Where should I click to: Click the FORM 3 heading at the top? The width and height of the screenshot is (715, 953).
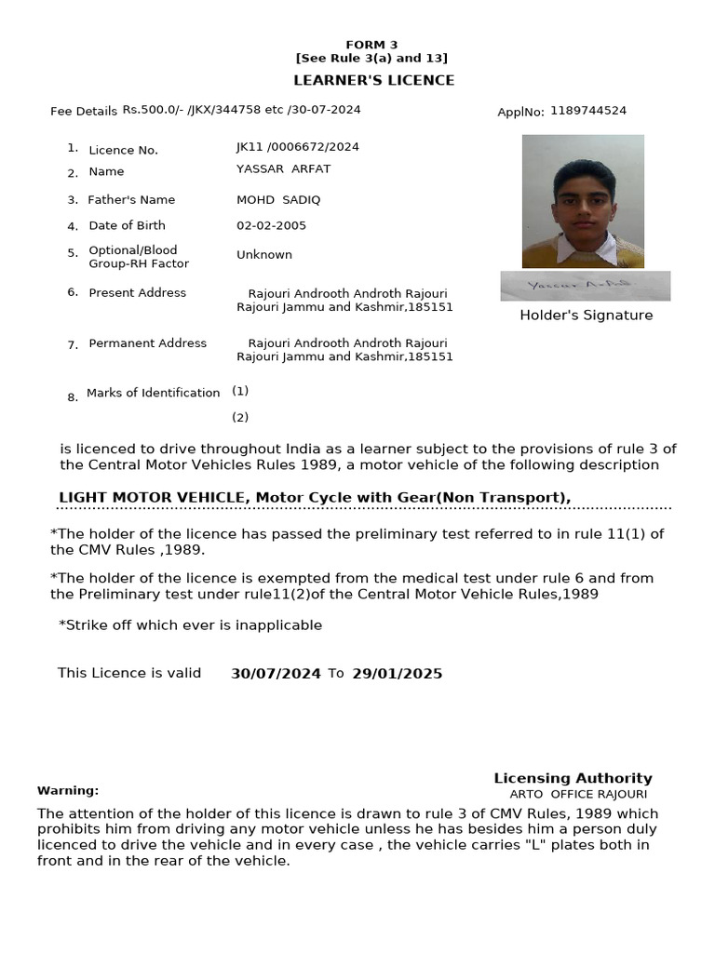coord(371,45)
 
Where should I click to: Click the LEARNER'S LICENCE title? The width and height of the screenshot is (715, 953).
coord(374,80)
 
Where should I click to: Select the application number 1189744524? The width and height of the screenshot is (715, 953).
coord(588,111)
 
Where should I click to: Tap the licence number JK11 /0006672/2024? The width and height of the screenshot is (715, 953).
coord(298,147)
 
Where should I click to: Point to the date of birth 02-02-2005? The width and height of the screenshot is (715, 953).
coord(271,225)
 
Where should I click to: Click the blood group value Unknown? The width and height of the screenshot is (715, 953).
coord(264,254)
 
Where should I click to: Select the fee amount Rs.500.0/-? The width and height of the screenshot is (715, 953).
coord(154,110)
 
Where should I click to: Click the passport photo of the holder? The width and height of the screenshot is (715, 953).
coord(583,201)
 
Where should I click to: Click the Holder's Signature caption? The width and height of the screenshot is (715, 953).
coord(586,315)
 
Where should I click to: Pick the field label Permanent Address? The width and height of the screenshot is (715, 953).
coord(148,343)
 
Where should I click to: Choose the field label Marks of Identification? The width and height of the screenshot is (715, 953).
coord(154,393)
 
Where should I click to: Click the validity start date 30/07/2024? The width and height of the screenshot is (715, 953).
coord(276,674)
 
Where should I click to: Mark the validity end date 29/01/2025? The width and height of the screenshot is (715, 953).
coord(397,674)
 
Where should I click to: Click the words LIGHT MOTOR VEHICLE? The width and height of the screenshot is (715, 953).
coord(152,498)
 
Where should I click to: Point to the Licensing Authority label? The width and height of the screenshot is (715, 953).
coord(573,778)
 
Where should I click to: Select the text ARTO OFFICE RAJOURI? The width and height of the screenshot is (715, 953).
coord(578,794)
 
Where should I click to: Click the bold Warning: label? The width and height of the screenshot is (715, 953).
coord(68,790)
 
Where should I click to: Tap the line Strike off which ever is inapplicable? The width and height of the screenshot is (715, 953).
coord(191,625)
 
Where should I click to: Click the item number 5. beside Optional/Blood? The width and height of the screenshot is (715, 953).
coord(73,252)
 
